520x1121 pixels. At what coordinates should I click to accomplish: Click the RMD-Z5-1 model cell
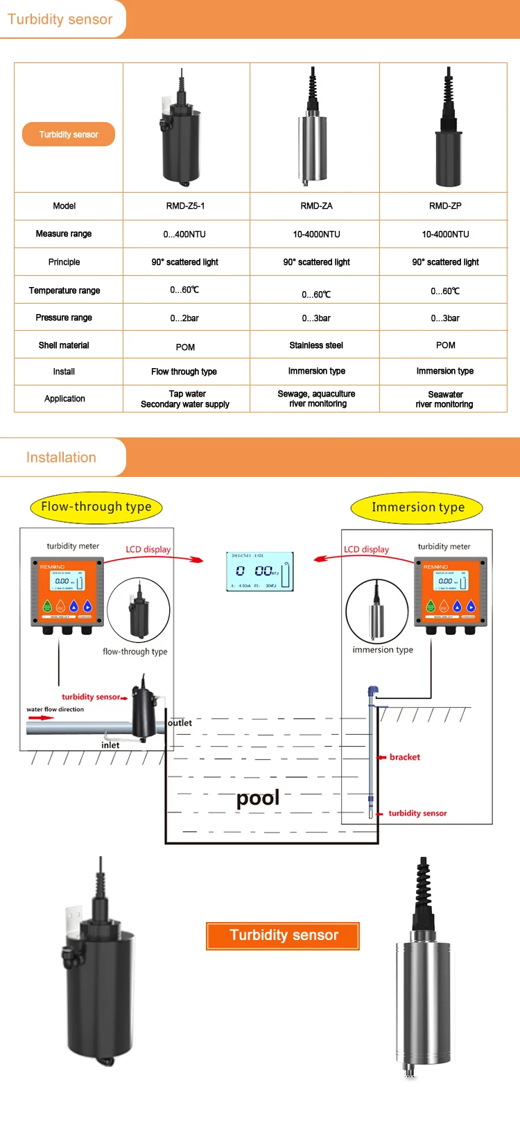tap(185, 206)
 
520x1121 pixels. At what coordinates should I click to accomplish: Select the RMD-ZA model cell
tap(316, 206)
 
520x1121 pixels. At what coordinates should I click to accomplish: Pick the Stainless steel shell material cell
tap(316, 345)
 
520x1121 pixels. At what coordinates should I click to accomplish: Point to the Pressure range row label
tap(64, 318)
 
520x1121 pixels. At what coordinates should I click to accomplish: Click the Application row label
tap(64, 399)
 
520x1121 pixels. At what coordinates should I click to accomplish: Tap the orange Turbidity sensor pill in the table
tap(69, 134)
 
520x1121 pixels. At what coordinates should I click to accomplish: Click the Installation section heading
tap(61, 458)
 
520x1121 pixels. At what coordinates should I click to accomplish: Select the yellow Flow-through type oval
tap(96, 507)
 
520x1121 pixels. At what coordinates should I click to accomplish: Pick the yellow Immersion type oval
tap(417, 507)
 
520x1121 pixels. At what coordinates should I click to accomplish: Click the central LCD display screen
tap(260, 571)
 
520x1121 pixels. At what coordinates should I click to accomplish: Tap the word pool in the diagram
tap(258, 798)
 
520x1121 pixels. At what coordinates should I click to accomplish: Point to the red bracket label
tap(404, 757)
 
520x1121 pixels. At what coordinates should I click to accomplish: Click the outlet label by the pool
tap(180, 723)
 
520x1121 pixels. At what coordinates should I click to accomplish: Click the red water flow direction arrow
tap(41, 718)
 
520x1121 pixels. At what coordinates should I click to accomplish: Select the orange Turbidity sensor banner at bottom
tap(283, 935)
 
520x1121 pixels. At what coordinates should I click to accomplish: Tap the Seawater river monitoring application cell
tap(444, 399)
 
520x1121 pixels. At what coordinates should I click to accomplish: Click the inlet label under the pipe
tap(110, 745)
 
